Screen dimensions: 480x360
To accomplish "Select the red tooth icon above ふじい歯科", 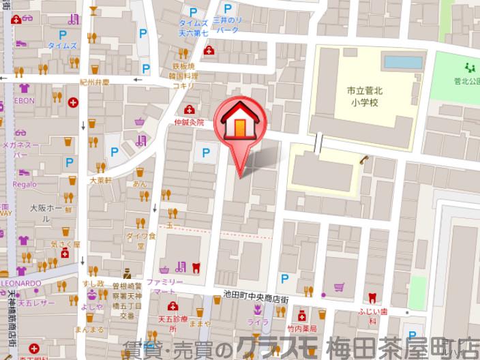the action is pos(372,297).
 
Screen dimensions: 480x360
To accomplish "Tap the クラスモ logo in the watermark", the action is pos(280,347).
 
